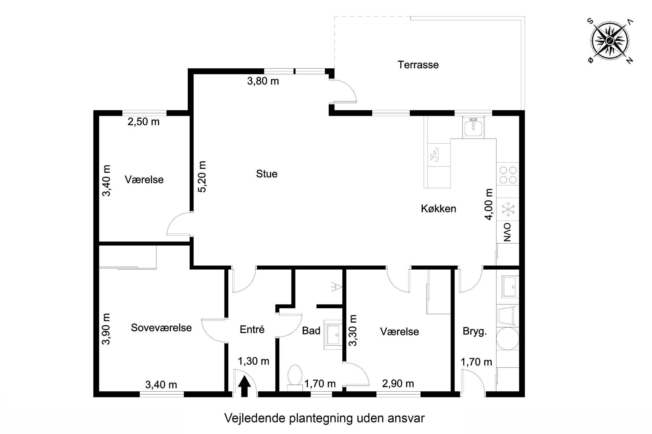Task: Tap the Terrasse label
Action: pos(418,65)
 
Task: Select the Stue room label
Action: pos(267,174)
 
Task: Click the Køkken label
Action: pos(438,209)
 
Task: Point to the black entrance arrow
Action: pos(244,386)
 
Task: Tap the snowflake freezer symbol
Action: pos(508,209)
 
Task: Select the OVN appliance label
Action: pos(507,232)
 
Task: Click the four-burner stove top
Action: pos(508,175)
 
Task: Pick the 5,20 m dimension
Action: pos(202,176)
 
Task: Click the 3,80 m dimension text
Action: pos(263,81)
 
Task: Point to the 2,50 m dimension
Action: pos(143,122)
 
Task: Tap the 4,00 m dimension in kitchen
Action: pos(489,204)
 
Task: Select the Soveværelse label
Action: pos(161,327)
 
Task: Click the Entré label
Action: pos(252,329)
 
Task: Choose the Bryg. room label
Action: pos(475,331)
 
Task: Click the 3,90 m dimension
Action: pos(106,329)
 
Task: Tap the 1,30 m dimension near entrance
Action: pos(253,361)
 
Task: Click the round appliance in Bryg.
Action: pos(507,339)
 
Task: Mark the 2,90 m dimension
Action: pos(398,383)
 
